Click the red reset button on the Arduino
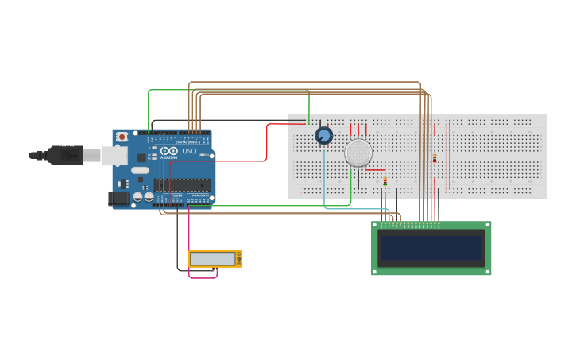(x=122, y=137)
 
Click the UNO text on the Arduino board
(x=189, y=151)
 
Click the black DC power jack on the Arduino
(x=119, y=198)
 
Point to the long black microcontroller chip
(x=182, y=185)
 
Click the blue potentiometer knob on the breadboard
(x=323, y=136)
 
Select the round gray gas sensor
(x=358, y=153)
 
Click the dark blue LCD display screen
(x=431, y=248)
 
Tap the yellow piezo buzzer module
(x=215, y=259)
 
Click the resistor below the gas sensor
(x=385, y=182)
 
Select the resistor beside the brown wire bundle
(x=435, y=159)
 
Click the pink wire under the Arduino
(x=190, y=238)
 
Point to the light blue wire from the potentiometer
(x=325, y=183)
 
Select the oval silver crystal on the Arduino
(x=140, y=170)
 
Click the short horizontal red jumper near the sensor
(x=376, y=170)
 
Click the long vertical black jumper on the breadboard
(x=449, y=155)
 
